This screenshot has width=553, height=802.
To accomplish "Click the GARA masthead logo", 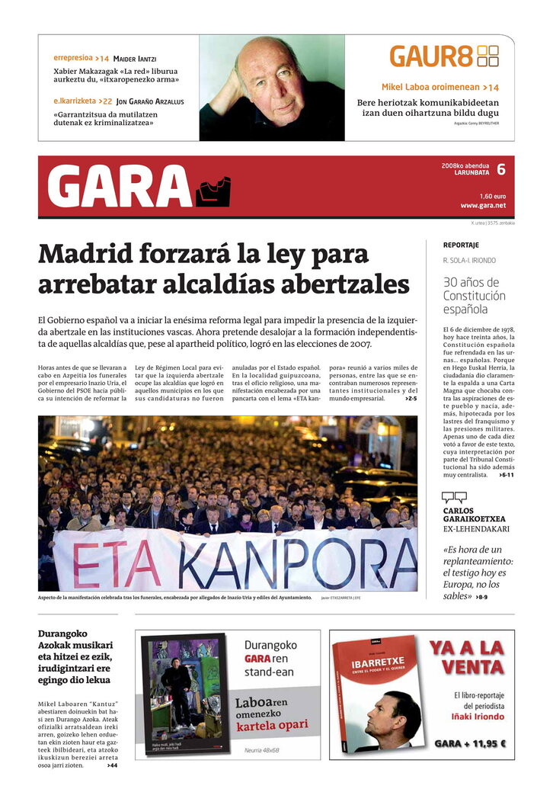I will [x=138, y=187].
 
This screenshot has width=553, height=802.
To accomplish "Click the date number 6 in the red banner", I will [x=500, y=169].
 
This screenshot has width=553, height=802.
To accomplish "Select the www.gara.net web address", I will [x=483, y=205].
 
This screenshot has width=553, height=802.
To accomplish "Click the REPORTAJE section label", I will [x=461, y=245].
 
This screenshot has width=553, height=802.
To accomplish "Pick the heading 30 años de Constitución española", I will [x=474, y=296].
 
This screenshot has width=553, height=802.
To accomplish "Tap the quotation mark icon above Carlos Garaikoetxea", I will [x=455, y=497].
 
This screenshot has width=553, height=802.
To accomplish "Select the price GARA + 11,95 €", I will [x=470, y=743].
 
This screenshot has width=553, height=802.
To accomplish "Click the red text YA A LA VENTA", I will [x=466, y=658].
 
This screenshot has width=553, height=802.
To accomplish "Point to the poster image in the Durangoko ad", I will [x=184, y=696].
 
